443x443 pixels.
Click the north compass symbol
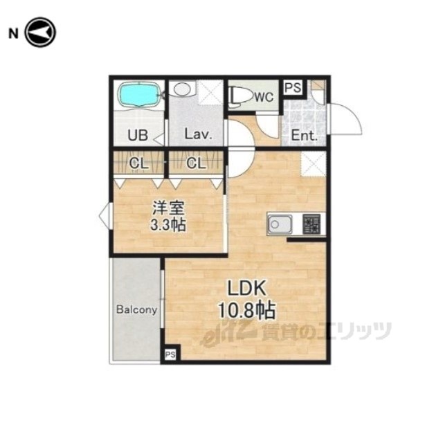(x=40, y=33)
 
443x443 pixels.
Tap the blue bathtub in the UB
(x=138, y=94)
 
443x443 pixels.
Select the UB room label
(x=138, y=136)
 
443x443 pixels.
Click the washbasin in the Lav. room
(x=182, y=89)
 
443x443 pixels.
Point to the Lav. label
(x=198, y=134)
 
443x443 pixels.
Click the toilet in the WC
(x=241, y=97)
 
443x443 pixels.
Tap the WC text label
(x=264, y=97)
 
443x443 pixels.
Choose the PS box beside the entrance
(x=293, y=87)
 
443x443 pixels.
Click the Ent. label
(x=305, y=136)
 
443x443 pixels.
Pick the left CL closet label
(x=138, y=163)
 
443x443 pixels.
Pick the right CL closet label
(x=196, y=163)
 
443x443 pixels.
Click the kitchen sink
(x=280, y=224)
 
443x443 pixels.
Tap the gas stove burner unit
(x=311, y=224)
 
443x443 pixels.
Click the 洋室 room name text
(x=169, y=208)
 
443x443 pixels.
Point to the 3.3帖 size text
(x=168, y=225)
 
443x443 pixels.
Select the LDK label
(x=246, y=288)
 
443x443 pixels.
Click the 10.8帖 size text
(x=246, y=310)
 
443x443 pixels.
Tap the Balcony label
(x=137, y=310)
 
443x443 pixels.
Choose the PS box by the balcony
(x=170, y=354)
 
